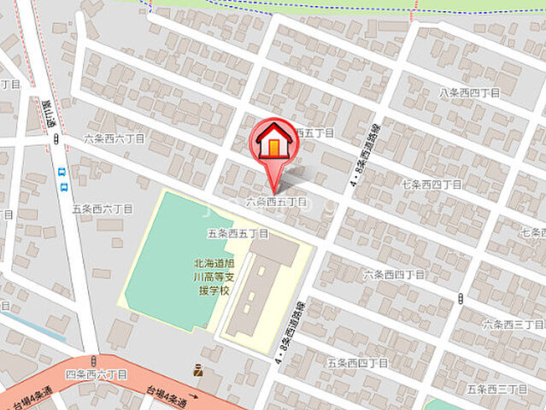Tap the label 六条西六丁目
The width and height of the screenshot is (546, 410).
114,138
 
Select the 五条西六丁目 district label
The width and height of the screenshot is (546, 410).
103,208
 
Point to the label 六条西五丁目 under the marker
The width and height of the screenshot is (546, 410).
276,202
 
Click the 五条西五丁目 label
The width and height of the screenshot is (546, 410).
238,233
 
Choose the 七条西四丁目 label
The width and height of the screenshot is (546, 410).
431,184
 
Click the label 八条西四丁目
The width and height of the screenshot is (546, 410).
468,92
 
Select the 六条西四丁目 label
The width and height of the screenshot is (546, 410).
394,274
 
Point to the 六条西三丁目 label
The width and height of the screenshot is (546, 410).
513,325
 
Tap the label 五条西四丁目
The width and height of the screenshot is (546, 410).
356,363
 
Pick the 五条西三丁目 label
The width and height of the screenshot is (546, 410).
496,389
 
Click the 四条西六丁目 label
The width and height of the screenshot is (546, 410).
96,374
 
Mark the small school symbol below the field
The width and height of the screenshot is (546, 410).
198,371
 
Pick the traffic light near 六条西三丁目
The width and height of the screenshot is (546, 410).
461,298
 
